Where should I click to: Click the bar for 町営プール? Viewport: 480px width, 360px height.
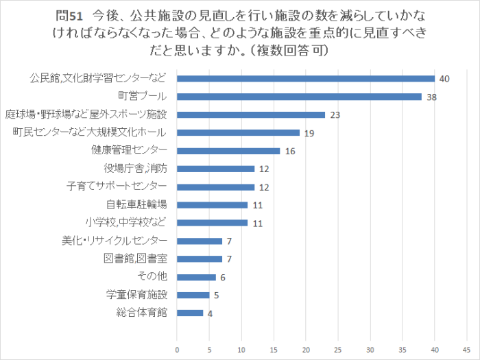point(299,97)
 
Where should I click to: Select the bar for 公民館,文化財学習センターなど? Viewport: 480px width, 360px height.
point(306,79)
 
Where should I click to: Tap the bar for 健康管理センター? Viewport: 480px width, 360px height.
point(228,151)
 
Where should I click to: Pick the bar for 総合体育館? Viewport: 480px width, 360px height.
point(190,313)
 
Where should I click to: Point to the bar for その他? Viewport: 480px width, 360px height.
point(196,277)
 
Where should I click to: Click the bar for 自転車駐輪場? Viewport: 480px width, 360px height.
point(213,204)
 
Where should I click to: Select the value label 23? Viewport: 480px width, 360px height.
point(335,115)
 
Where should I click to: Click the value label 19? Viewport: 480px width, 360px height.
point(309,133)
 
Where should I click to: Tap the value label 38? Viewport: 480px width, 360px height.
point(432,97)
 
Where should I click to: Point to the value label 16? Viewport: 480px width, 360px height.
point(290,151)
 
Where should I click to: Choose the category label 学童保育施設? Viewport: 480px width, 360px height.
point(136,295)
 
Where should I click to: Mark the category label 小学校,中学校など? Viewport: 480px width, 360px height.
point(126,222)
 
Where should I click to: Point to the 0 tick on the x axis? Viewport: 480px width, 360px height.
point(177,349)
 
